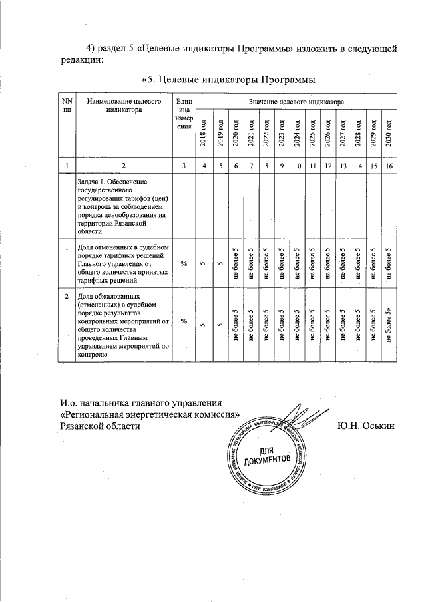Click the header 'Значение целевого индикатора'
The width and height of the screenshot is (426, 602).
coord(296,102)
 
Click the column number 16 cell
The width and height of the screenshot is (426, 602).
coord(389,165)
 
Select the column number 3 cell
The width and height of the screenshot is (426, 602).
coord(183,165)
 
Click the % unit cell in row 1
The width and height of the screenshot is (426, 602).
coord(183,263)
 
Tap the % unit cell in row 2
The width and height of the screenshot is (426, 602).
coord(183,321)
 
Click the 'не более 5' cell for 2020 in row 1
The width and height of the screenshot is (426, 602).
coord(236,263)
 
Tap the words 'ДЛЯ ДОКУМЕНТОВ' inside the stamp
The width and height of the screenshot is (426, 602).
coord(267,455)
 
